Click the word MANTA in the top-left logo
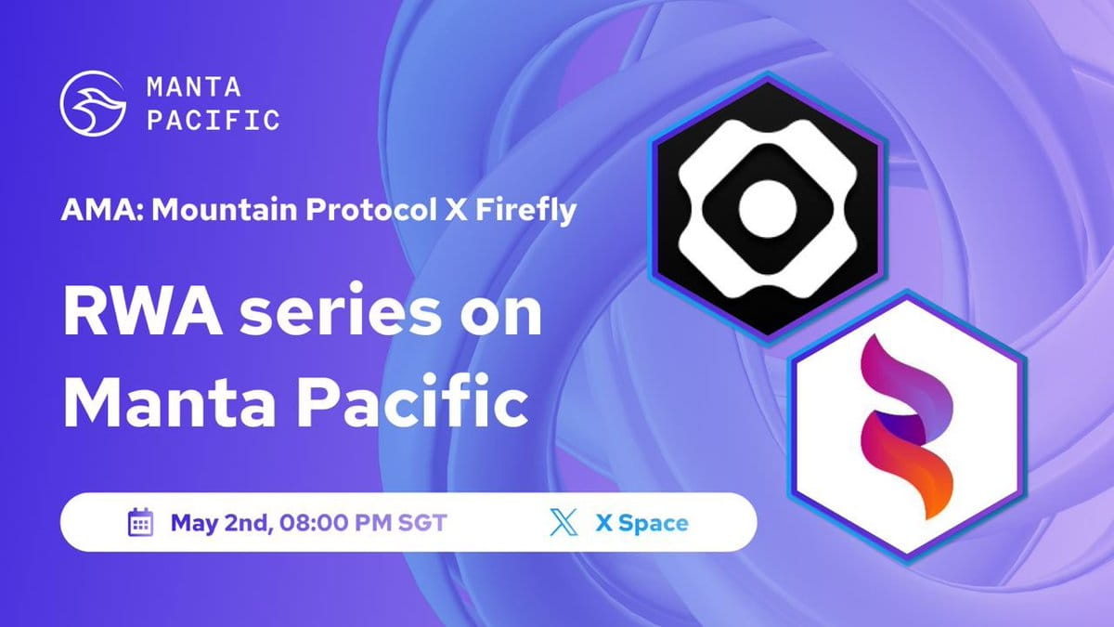click(194, 87)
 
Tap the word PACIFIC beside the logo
click(213, 120)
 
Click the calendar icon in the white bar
click(140, 523)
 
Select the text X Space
click(641, 523)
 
